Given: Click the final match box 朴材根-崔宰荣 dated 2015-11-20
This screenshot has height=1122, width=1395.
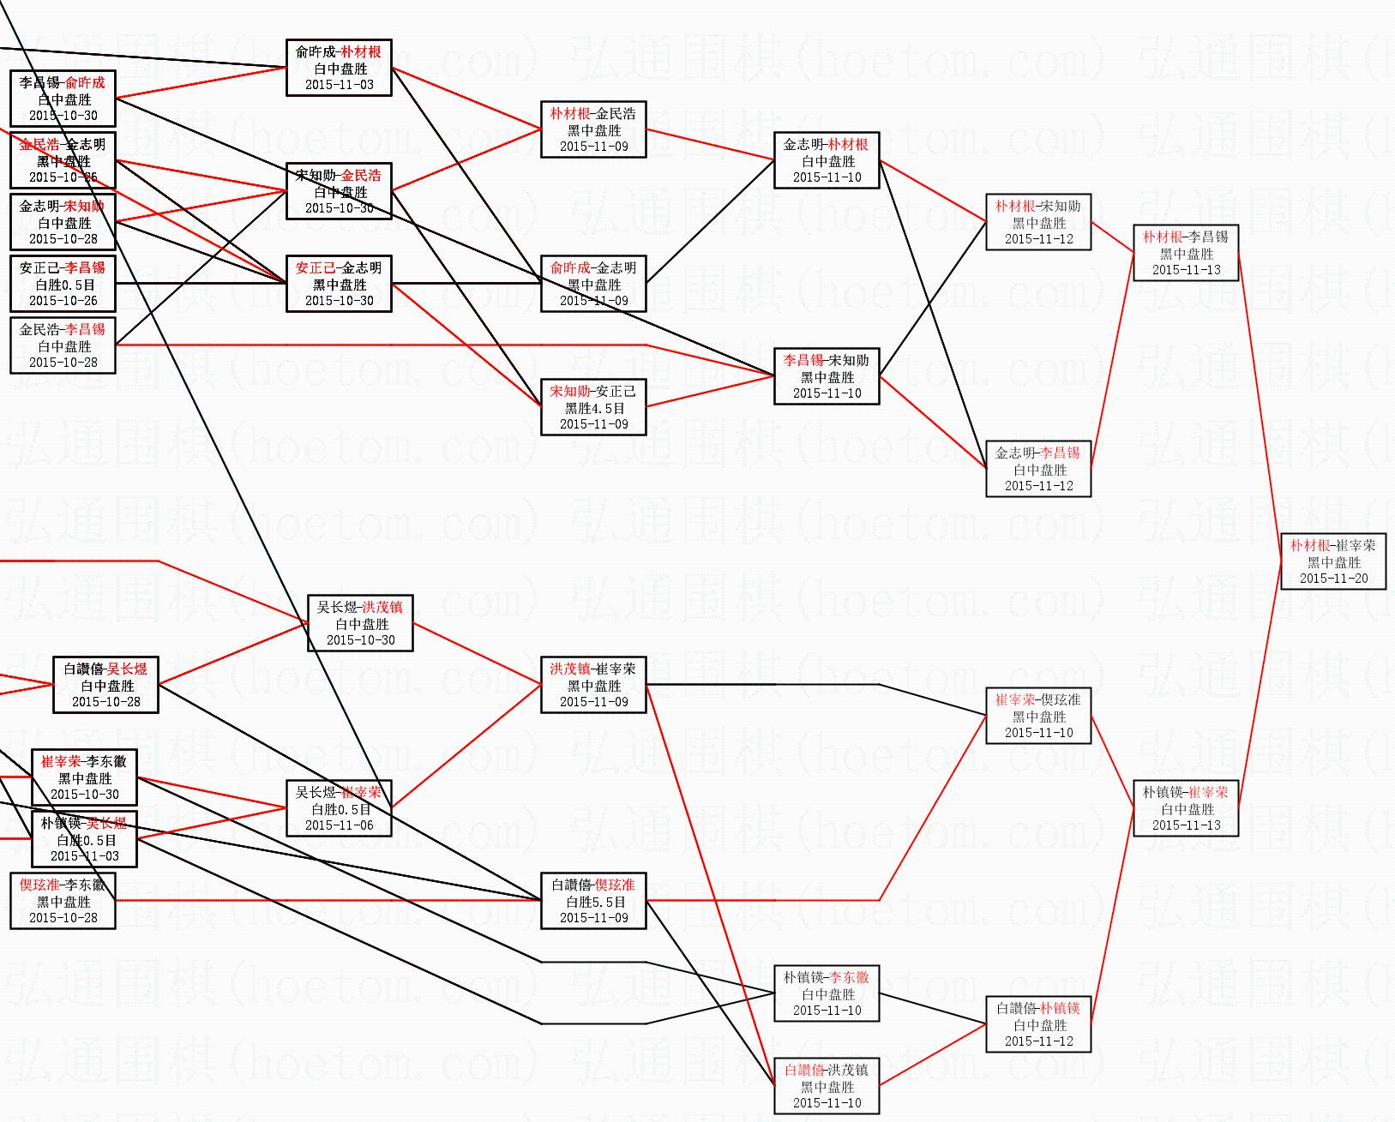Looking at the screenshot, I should click(x=1333, y=561).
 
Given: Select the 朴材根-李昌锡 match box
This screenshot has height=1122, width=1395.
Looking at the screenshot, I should click(x=1186, y=253).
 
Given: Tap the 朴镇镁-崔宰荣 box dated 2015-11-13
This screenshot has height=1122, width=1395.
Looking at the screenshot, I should click(x=1186, y=808).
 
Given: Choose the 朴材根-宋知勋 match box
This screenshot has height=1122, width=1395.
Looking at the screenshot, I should click(x=1038, y=222).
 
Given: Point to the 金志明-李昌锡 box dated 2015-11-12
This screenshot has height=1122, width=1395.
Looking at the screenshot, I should click(x=1038, y=469).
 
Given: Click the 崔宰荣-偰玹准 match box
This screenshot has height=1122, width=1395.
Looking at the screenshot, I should click(x=1038, y=716).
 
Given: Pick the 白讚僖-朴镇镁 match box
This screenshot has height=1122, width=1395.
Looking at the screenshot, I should click(x=1038, y=1024).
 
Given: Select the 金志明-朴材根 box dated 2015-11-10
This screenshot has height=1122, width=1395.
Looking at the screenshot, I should click(x=827, y=160).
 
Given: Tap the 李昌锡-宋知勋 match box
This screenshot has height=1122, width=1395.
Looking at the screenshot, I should click(x=827, y=376).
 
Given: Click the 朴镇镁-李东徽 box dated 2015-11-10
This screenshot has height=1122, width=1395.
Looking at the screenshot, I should click(x=827, y=993).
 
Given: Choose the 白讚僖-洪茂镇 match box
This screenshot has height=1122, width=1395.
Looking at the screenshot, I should click(x=827, y=1086).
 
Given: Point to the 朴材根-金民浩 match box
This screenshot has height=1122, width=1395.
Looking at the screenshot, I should click(x=593, y=129).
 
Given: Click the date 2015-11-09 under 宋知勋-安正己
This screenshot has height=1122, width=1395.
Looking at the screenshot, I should click(x=593, y=424).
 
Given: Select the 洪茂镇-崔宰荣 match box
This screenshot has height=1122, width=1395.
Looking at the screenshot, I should click(x=593, y=685).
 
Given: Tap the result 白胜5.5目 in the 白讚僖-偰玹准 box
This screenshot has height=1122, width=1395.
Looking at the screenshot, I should click(x=593, y=902).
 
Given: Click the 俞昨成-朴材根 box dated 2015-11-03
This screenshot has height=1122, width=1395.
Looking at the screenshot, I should click(x=339, y=68).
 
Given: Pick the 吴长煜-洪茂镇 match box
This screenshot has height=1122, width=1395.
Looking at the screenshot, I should click(x=360, y=623).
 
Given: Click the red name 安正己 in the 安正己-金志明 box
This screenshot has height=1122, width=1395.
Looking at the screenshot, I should click(x=316, y=268).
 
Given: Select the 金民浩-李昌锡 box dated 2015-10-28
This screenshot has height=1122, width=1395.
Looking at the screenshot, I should click(x=63, y=345).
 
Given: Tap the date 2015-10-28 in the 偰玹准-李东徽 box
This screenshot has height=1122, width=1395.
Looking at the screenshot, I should click(x=63, y=917).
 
